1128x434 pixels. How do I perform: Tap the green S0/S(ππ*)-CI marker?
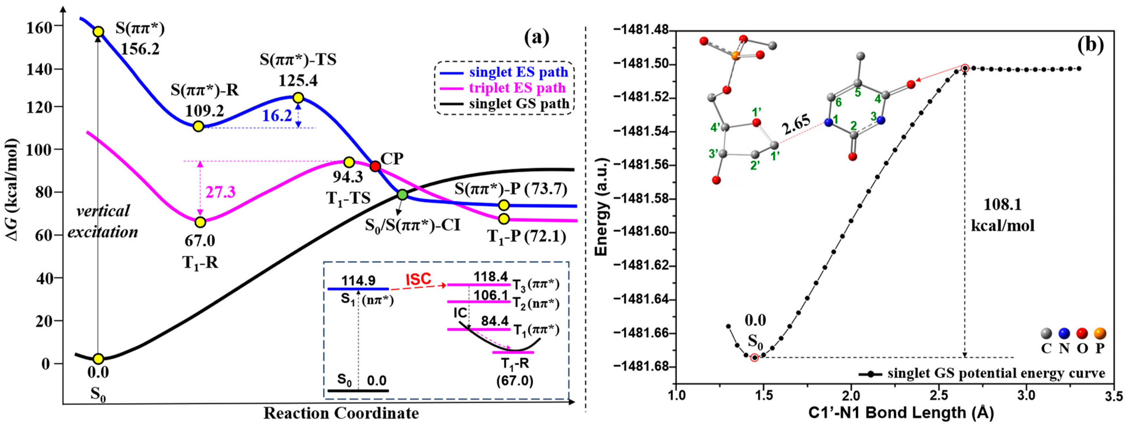(x=402, y=195)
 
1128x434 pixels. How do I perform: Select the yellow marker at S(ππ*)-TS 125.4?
(x=298, y=98)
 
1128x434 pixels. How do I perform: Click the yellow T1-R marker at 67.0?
(x=200, y=222)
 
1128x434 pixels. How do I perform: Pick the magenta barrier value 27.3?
(x=220, y=192)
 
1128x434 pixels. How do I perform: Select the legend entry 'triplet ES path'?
(x=517, y=88)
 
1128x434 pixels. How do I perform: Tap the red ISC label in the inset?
(x=418, y=279)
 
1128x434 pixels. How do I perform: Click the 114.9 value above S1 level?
(x=358, y=281)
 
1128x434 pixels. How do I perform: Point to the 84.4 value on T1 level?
(x=494, y=321)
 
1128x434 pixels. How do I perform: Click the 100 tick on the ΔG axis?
(x=39, y=150)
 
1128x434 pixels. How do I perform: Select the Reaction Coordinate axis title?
(x=341, y=413)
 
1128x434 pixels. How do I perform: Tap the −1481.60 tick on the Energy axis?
(x=641, y=232)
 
